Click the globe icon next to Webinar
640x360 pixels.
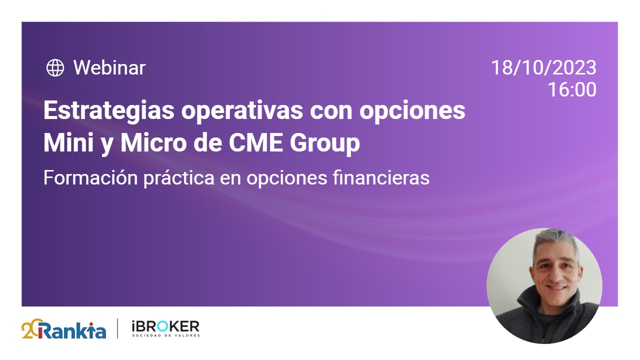tap(55, 68)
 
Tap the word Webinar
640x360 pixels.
tap(109, 68)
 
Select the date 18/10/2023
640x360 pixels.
tap(543, 68)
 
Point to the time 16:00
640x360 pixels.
tap(572, 90)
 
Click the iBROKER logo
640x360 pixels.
tap(165, 327)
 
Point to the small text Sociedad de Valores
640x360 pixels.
tap(165, 335)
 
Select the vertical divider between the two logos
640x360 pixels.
tap(118, 328)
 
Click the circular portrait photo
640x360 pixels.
tap(544, 286)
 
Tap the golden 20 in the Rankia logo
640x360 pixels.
tap(29, 329)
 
